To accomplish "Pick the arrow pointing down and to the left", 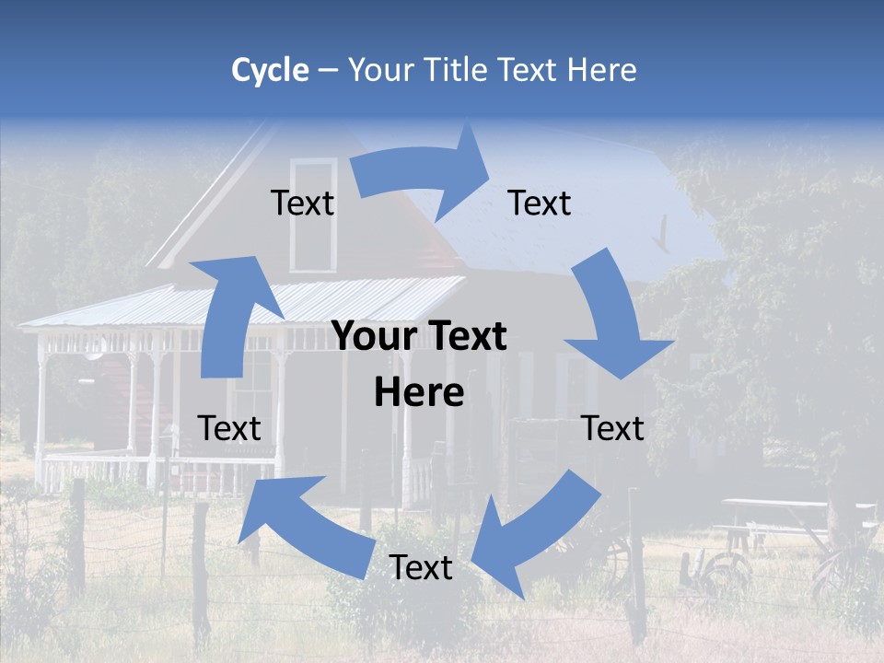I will coord(534,534).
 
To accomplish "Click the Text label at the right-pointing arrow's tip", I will coord(540,203).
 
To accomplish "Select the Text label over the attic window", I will coord(302,203).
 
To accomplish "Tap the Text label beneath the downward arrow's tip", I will coord(612,428).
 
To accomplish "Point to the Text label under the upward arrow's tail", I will coord(229,428).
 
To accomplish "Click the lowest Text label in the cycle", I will coord(421,567).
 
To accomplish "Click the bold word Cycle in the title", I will coord(270,70).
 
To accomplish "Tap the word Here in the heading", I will coord(602,70).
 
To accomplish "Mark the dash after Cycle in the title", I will coord(327,71).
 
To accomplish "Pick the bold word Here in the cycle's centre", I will coord(419,393).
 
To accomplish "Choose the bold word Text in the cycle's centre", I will coord(465,337).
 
